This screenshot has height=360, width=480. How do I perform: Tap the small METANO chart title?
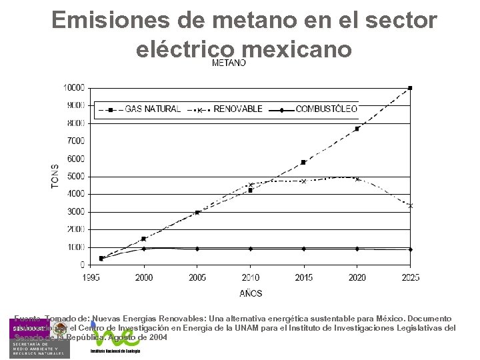[x=229, y=63]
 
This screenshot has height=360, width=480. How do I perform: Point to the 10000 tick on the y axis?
[x=73, y=88]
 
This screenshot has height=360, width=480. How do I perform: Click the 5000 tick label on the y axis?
[x=75, y=177]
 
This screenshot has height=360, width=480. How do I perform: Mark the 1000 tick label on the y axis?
[x=75, y=247]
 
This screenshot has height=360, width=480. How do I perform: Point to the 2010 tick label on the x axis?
[x=250, y=277]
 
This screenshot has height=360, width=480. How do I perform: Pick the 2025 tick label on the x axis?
[x=409, y=277]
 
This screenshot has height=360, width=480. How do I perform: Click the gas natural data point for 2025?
[x=410, y=88]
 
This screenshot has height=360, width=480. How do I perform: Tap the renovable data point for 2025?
[x=410, y=205]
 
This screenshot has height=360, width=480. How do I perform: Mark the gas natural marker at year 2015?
[x=303, y=162]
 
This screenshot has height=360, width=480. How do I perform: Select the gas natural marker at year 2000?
[x=143, y=239]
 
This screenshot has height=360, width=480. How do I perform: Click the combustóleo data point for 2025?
[x=410, y=249]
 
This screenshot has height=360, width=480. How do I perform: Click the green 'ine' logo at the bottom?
[x=121, y=337]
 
